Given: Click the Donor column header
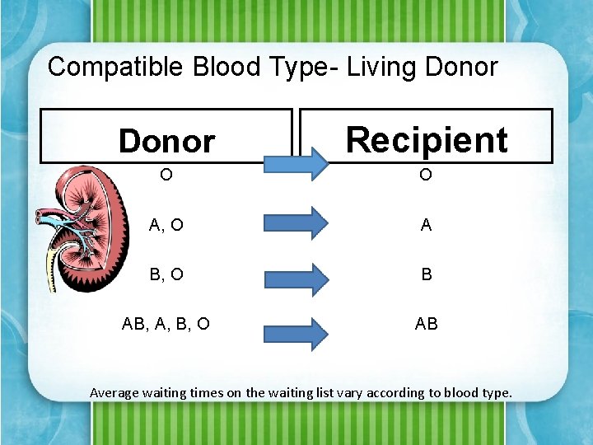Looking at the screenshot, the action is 166,141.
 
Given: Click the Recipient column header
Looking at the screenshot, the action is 426,139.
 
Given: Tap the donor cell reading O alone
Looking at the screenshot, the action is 166,175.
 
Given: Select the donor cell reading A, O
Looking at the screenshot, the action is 166,225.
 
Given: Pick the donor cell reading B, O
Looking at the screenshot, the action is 166,274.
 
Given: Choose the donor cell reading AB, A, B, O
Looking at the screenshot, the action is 166,324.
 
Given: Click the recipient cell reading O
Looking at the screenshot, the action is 426,175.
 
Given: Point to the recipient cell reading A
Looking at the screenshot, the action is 426,225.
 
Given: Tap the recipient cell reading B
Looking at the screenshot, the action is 426,274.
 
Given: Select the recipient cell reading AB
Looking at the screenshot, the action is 426,324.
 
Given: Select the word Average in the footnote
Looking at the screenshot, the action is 114,392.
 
